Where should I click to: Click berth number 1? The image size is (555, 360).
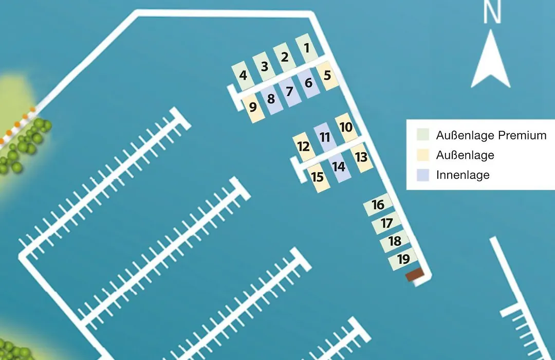pos(306,48)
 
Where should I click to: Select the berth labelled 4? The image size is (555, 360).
pos(243,76)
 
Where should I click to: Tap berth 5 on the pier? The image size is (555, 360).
pos(327,76)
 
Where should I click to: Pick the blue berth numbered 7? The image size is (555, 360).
pos(290,92)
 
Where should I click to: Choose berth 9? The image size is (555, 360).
pos(253,107)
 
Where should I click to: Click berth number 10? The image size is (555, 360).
pos(346,127)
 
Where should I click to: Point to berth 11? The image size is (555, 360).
pos(325,137)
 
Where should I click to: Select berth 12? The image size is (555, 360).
pos(304,147)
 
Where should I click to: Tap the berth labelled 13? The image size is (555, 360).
pos(361,157)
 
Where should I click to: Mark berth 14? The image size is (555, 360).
pos(339,167)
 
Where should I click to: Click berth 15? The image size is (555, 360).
pos(318,177)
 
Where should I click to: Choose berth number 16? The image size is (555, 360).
pos(378,205)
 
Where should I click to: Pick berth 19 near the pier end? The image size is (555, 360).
pos(403,259)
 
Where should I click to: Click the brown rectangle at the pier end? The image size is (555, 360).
pos(415,275)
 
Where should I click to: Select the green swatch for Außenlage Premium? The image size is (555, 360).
pos(423,135)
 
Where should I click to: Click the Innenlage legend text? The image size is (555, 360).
pos(463,175)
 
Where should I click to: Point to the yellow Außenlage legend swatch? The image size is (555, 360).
pos(423,155)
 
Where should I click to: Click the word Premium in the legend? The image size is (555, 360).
pos(522,135)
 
